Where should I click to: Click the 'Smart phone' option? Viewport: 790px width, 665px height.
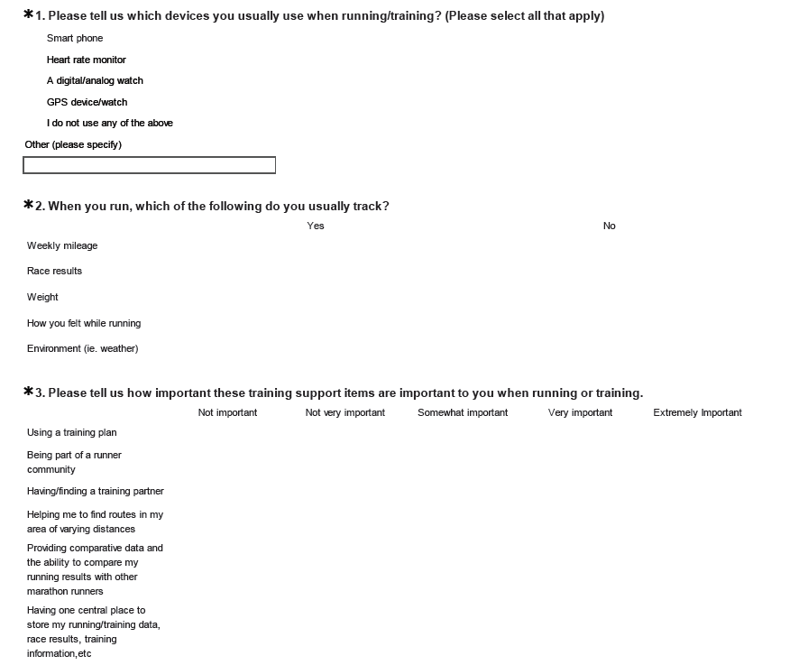75,39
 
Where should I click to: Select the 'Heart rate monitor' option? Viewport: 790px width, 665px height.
87,60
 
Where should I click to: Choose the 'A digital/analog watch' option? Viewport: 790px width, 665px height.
95,81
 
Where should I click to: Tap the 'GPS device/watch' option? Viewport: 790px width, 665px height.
87,103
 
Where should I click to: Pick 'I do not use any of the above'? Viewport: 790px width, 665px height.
110,124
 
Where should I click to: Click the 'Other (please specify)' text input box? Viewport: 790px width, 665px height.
149,165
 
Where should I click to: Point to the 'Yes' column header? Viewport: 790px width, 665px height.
316,226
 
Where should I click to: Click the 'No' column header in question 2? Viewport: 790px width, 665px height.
610,226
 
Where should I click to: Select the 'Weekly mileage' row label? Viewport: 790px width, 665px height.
62,245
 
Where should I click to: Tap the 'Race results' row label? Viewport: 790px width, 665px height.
54,271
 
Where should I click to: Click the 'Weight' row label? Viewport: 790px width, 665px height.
42,297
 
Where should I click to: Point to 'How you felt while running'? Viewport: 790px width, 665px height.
84,323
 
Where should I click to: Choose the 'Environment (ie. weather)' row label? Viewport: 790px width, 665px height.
83,348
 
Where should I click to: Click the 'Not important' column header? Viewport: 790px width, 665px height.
228,412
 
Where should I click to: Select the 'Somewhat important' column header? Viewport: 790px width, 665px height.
463,412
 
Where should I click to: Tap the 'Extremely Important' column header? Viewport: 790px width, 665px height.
697,412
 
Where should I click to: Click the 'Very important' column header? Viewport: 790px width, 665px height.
580,412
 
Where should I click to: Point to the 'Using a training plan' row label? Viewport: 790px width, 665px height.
72,432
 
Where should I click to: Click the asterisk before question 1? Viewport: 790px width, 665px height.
28,14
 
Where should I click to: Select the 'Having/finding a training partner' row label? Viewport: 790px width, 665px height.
96,492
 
